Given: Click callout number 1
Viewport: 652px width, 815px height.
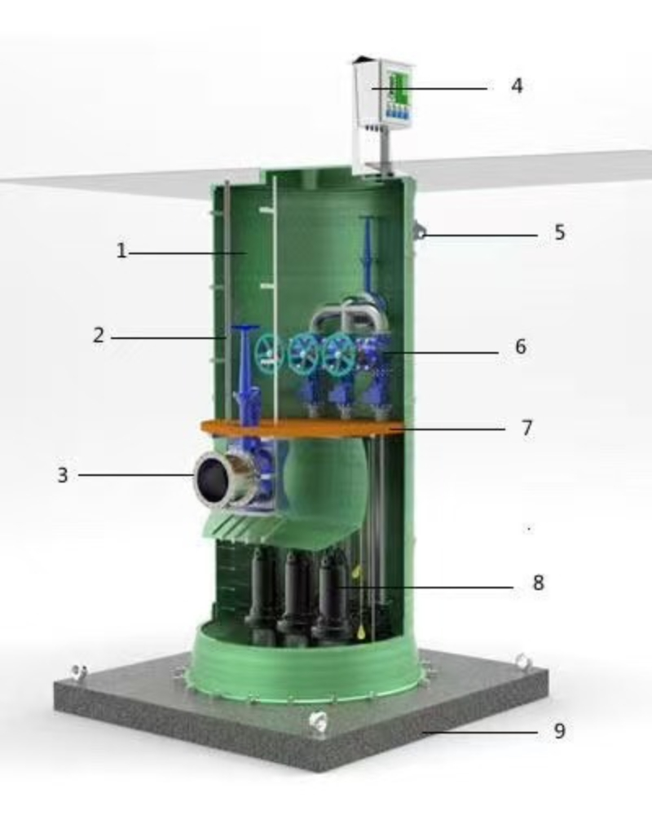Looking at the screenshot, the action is click(121, 251).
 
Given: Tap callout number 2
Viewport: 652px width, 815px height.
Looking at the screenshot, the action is click(99, 335).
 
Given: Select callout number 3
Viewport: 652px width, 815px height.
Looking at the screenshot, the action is click(63, 474).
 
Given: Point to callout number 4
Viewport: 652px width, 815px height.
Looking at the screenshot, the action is click(516, 86).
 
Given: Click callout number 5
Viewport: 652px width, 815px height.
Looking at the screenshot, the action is click(559, 232).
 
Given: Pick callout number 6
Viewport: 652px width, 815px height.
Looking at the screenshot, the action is click(521, 346).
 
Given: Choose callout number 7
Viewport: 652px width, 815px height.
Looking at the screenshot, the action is click(526, 428).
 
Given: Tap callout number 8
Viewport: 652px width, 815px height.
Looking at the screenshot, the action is click(538, 583).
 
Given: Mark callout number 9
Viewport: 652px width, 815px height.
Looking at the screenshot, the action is click(559, 731).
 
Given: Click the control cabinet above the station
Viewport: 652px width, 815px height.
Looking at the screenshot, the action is click(384, 94).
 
